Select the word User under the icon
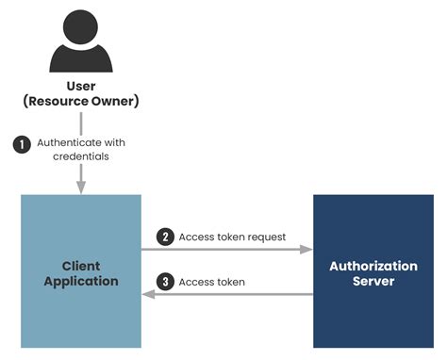click(81, 87)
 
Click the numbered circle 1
click(21, 143)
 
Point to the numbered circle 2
click(166, 237)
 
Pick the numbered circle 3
click(166, 282)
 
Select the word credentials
click(81, 156)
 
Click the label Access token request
click(232, 237)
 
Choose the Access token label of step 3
click(213, 282)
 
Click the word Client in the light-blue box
click(81, 266)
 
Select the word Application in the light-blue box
click(81, 281)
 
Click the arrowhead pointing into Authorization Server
click(306, 250)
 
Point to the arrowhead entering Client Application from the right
click(148, 294)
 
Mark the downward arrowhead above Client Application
click(81, 188)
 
